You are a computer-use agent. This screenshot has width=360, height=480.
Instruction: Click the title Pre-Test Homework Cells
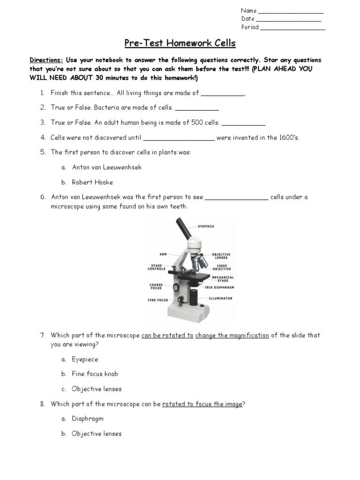[180, 44]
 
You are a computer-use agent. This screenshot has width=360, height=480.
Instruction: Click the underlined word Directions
[46, 60]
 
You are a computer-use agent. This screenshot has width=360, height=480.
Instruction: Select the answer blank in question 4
[178, 139]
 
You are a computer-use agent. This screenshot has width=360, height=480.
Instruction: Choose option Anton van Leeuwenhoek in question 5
[107, 167]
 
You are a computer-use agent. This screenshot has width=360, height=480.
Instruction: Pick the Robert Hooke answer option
[92, 182]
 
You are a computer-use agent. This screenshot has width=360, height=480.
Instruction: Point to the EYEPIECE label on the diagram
[206, 226]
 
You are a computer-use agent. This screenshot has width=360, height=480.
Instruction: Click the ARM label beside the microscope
[163, 255]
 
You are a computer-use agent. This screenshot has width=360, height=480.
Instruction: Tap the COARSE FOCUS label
[157, 286]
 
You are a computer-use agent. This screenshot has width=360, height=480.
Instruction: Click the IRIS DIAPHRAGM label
[219, 287]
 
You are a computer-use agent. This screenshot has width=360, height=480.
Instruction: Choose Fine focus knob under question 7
[95, 374]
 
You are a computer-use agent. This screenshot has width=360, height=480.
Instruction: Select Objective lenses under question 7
[97, 389]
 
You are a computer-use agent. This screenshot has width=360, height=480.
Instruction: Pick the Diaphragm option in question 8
[88, 419]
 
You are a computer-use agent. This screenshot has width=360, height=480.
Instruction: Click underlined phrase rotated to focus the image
[202, 404]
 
